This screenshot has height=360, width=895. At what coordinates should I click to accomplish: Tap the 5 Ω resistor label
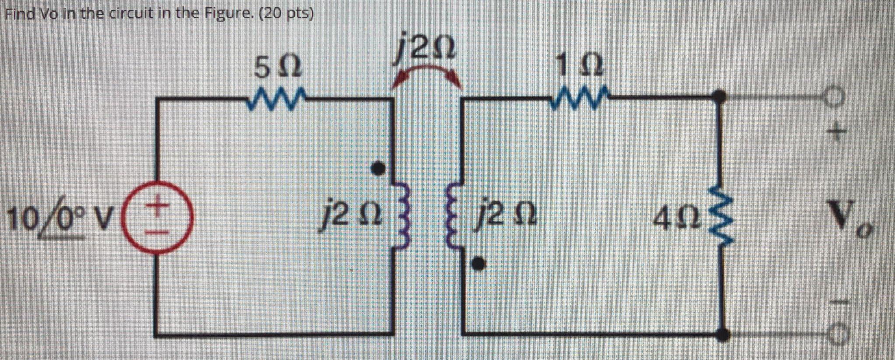point(277,68)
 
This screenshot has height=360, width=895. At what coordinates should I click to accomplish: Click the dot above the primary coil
point(378,168)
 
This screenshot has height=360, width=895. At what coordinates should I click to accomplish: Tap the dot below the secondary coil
point(479,263)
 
